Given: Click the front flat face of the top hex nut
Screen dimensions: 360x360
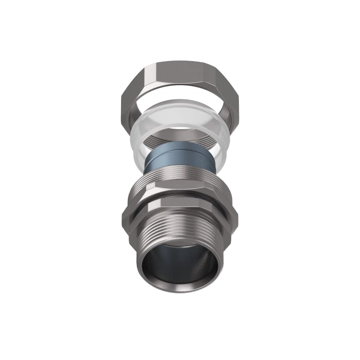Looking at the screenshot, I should point(180,72).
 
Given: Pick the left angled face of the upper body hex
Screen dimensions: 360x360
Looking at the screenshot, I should point(137,191).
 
